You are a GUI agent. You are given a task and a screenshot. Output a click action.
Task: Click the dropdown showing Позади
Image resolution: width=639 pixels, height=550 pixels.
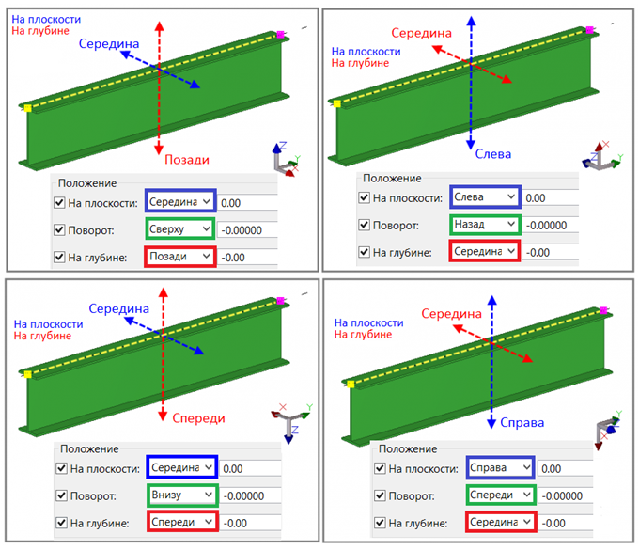click(179, 257)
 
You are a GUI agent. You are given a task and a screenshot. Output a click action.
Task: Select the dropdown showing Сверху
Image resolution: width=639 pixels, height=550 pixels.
click(179, 228)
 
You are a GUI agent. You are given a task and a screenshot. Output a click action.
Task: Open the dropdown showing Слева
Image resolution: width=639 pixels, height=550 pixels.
click(485, 196)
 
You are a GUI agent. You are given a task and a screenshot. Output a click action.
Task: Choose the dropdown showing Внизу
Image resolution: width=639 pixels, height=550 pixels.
click(181, 495)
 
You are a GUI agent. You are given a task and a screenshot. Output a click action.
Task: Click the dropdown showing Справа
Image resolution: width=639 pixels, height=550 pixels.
click(500, 467)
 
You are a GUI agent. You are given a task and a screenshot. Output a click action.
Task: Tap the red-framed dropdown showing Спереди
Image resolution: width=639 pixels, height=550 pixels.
click(181, 522)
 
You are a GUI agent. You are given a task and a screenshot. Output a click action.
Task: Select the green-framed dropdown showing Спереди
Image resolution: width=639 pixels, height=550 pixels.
click(500, 495)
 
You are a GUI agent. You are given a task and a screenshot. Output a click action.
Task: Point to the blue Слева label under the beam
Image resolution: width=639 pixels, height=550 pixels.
click(492, 154)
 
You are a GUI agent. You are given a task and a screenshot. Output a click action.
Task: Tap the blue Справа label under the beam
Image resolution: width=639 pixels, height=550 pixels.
click(522, 422)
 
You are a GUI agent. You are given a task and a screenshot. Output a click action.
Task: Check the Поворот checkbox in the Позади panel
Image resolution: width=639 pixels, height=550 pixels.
click(59, 229)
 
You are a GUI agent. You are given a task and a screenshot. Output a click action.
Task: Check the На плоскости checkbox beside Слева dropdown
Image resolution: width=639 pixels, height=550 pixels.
click(364, 197)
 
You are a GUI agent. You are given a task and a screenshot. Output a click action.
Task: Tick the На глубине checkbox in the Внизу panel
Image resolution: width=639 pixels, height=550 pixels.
click(61, 523)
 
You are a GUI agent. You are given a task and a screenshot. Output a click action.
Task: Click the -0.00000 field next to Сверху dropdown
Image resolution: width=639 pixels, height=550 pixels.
click(246, 229)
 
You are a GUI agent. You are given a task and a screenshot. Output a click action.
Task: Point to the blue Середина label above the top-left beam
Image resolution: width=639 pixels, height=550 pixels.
click(109, 43)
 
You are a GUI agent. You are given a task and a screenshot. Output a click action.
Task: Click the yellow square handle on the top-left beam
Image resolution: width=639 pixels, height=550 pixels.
click(28, 109)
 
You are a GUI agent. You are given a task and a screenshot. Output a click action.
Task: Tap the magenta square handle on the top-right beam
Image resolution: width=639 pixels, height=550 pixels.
click(589, 30)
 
